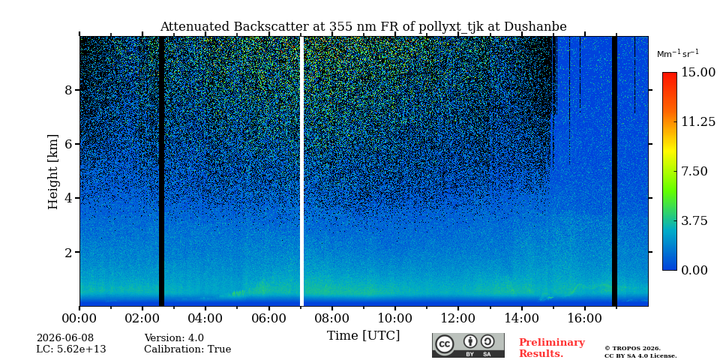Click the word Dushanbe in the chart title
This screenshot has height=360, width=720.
click(535, 27)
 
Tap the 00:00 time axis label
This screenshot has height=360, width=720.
click(79, 318)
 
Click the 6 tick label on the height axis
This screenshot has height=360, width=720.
click(68, 144)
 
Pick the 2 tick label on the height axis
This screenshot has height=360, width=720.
click(68, 252)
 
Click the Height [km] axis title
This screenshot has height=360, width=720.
click(53, 172)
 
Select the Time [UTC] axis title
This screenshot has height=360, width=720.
click(363, 336)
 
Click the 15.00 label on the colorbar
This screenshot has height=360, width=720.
click(698, 73)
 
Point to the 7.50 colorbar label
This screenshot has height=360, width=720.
click(694, 171)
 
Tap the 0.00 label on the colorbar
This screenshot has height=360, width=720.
click(694, 271)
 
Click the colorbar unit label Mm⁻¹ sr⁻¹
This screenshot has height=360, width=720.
click(678, 53)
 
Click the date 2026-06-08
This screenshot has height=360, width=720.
click(64, 338)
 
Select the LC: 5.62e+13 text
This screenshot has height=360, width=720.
click(71, 349)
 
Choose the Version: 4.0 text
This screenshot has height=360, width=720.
click(174, 338)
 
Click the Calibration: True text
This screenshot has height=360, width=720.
click(187, 349)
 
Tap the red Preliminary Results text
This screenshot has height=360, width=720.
click(552, 348)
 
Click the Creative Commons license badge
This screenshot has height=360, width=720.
click(468, 345)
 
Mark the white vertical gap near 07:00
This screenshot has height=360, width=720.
click(301, 171)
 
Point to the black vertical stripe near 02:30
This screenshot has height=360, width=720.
click(161, 171)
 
